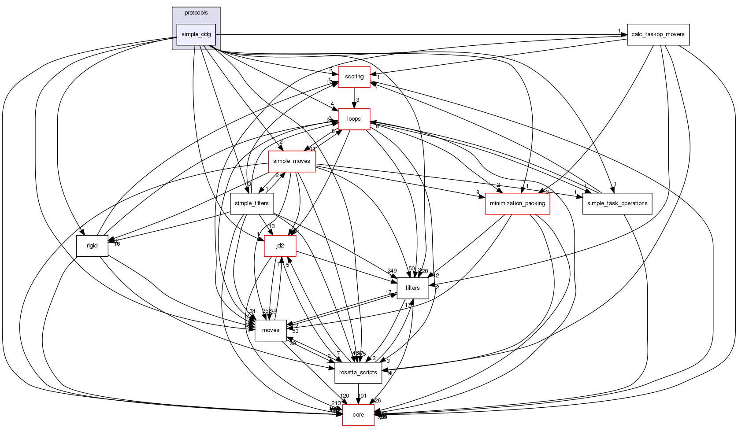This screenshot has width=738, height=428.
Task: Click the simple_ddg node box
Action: [x=196, y=34]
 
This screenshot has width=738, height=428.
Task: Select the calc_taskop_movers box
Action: [x=658, y=34]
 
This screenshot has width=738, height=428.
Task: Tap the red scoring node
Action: [x=354, y=77]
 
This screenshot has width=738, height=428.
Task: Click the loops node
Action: [x=354, y=119]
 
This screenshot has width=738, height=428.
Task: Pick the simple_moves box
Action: [x=291, y=161]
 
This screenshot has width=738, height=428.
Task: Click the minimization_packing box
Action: [x=517, y=203]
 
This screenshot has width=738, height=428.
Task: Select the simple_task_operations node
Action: [x=617, y=203]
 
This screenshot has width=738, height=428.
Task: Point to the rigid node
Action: [x=92, y=246]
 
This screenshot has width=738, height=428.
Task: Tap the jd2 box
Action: [x=280, y=246]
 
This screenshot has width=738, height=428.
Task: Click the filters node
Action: [x=412, y=288]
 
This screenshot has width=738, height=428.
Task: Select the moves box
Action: [x=271, y=330]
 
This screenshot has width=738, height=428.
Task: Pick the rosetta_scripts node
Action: [x=358, y=373]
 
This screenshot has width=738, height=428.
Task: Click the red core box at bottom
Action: [x=358, y=415]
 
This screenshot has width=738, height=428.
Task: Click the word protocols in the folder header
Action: [x=196, y=13]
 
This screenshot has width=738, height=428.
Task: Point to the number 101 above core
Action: [x=362, y=396]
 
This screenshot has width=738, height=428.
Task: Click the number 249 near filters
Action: [x=392, y=271]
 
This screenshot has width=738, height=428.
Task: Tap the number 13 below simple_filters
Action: [x=271, y=226]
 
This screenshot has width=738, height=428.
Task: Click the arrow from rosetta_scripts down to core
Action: [x=358, y=394]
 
